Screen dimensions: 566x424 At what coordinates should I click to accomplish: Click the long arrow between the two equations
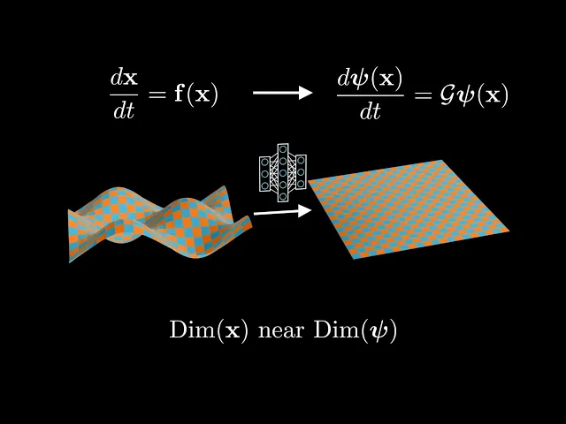point(282,92)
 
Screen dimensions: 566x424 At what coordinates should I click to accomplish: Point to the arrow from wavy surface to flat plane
point(282,211)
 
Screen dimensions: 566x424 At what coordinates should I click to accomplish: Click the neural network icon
point(282,173)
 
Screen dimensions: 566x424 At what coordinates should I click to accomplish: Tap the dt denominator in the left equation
point(124,110)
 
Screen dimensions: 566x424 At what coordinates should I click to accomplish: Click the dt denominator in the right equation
point(370,110)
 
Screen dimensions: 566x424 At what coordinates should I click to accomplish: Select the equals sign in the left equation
point(157,94)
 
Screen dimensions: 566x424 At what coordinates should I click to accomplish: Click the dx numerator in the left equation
point(124,78)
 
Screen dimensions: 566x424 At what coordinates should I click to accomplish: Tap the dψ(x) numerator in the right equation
point(370,78)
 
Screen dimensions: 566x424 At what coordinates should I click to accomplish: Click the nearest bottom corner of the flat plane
point(355,258)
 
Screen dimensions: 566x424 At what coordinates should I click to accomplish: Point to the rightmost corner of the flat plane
point(509,231)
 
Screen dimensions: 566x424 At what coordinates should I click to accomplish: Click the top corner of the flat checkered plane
point(441,161)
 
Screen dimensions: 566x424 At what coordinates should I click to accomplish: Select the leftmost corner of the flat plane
point(308,180)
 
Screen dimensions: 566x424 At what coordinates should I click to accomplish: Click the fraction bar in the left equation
point(124,94)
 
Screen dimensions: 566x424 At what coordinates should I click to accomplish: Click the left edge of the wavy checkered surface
point(71,235)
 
